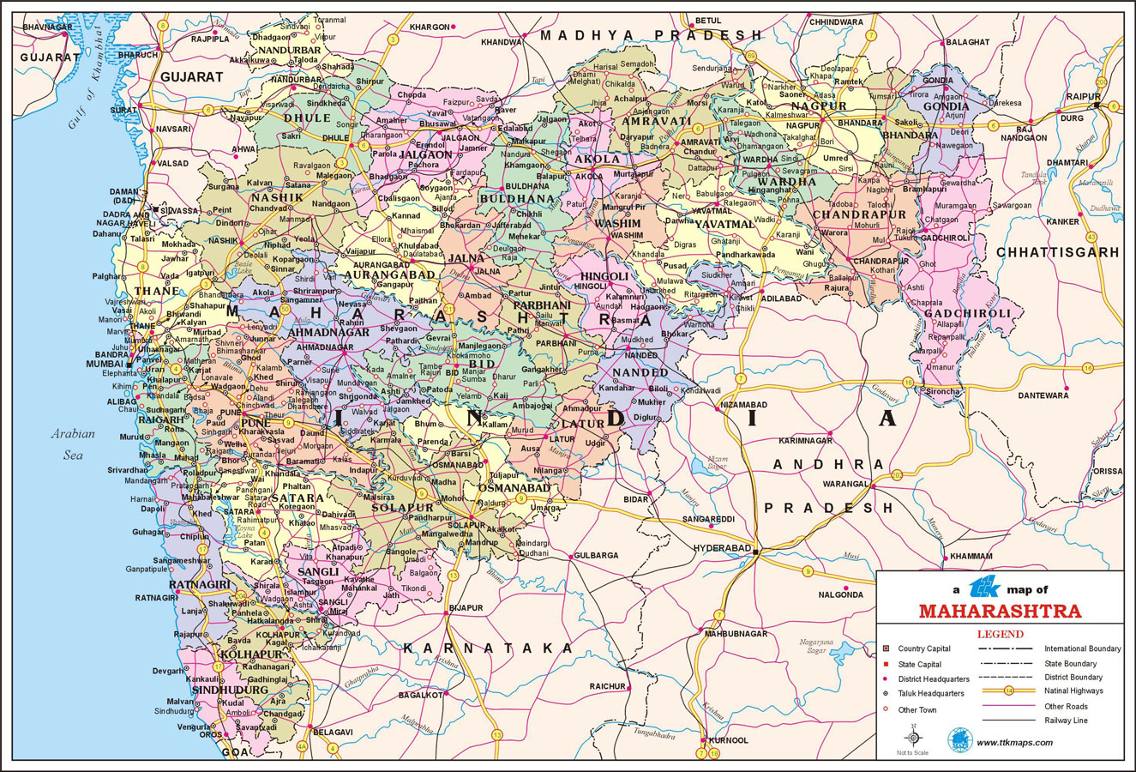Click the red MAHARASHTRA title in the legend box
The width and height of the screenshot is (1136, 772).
1000,612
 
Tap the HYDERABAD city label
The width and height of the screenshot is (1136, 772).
721,547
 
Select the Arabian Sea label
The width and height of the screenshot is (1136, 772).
73,444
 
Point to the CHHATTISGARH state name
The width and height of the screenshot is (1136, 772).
1057,252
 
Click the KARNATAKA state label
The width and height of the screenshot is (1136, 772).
488,648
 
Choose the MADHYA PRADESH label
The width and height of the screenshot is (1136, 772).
651,35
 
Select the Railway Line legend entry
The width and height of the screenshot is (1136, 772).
1066,721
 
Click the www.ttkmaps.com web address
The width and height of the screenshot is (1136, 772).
1014,742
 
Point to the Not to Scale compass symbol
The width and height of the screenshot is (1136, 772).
912,737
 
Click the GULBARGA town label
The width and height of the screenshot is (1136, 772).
596,555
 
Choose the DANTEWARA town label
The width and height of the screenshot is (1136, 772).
1043,395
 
